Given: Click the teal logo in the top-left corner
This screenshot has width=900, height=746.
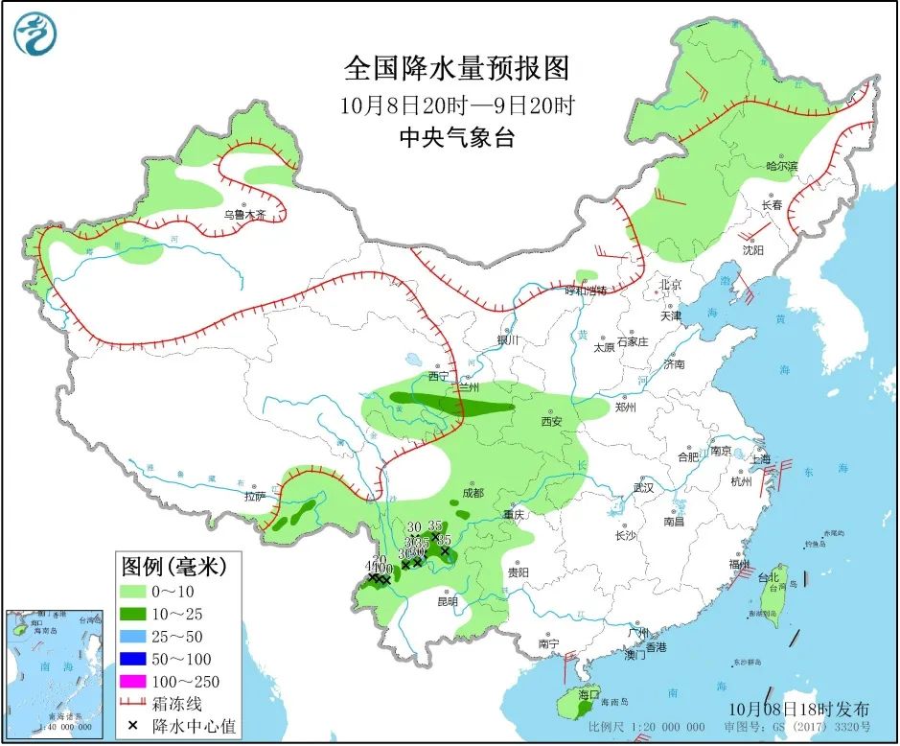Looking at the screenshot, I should [35, 35].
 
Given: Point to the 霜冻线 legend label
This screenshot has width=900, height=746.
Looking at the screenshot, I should [185, 705].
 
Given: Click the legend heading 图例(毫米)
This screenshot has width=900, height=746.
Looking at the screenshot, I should [173, 568].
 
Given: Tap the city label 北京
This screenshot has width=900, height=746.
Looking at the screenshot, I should [670, 285].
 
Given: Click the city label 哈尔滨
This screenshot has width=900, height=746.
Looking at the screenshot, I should [781, 166].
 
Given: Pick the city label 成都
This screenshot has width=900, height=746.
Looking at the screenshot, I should [473, 493].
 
